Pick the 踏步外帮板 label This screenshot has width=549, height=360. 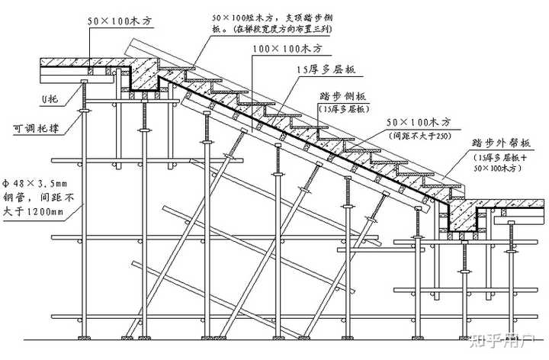496,143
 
